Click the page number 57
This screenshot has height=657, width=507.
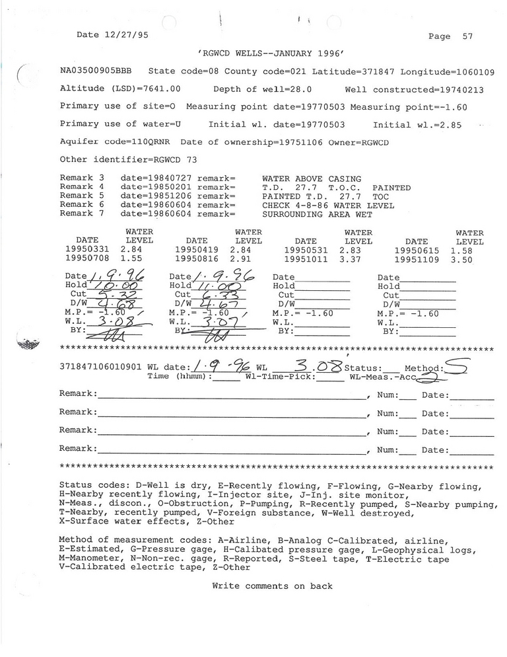[467, 36]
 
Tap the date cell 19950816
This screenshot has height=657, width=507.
[196, 261]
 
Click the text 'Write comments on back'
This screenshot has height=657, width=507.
[272, 586]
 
